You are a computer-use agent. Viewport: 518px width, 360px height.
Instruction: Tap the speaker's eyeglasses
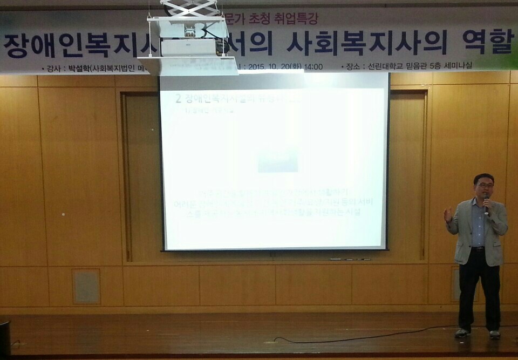click(x=484, y=186)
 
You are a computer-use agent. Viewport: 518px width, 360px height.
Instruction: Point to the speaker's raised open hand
click(x=448, y=215)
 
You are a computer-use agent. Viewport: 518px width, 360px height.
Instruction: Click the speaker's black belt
click(x=478, y=248)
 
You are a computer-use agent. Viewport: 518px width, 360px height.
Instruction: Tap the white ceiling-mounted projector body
click(x=189, y=48)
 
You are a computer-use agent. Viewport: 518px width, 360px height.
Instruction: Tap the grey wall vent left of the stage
click(x=86, y=286)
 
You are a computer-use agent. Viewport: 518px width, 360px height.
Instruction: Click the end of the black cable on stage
click(x=276, y=340)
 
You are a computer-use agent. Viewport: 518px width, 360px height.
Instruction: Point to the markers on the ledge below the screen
click(x=351, y=259)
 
